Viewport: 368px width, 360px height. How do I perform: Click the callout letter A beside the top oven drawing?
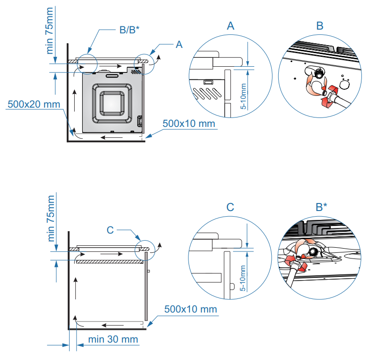click(x=179, y=45)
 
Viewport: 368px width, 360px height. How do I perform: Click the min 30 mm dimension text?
click(x=113, y=339)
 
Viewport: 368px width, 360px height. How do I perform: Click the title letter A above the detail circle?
click(x=230, y=26)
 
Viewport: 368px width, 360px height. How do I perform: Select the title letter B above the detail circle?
click(x=320, y=26)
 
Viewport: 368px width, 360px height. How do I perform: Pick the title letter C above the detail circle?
click(x=230, y=207)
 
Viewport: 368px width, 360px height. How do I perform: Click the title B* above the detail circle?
click(x=321, y=207)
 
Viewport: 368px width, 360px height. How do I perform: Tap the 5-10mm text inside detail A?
click(x=243, y=96)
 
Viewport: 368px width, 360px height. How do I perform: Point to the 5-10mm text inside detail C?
click(x=243, y=279)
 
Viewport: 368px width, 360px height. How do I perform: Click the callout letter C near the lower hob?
click(x=110, y=230)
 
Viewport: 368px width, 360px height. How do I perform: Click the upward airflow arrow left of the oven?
click(x=74, y=101)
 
